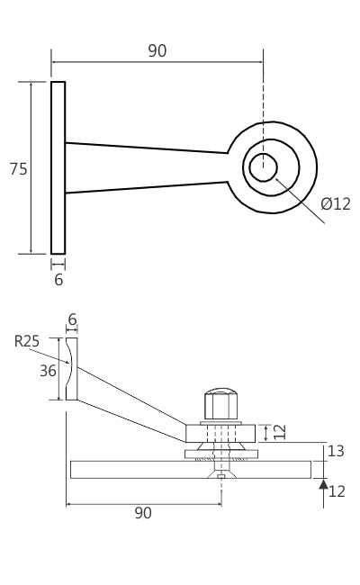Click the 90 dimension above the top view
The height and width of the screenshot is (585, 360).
pyautogui.click(x=157, y=51)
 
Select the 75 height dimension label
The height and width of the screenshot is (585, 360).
pyautogui.click(x=18, y=169)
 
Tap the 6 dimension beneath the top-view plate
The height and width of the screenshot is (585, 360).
pyautogui.click(x=58, y=280)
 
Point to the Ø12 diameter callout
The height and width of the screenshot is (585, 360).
pyautogui.click(x=336, y=204)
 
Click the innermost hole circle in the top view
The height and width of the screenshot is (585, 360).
pyautogui.click(x=263, y=166)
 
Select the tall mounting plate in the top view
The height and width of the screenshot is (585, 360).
pyautogui.click(x=58, y=167)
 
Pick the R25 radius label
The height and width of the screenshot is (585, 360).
pyautogui.click(x=27, y=341)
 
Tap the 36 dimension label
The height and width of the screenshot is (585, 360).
pyautogui.click(x=48, y=370)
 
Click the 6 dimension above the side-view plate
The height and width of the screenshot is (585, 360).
pyautogui.click(x=72, y=319)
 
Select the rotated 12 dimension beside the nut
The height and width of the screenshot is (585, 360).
pyautogui.click(x=280, y=431)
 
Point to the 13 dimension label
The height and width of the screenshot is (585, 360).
pyautogui.click(x=335, y=451)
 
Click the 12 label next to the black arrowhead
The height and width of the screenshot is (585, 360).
pyautogui.click(x=337, y=491)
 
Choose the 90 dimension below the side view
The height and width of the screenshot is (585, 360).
pyautogui.click(x=143, y=513)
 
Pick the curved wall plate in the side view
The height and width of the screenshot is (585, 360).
pyautogui.click(x=71, y=369)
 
